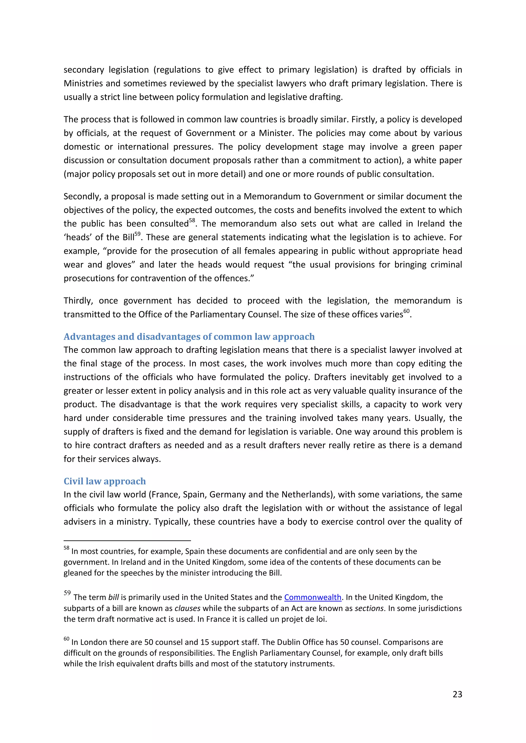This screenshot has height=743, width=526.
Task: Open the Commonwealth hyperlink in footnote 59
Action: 313,597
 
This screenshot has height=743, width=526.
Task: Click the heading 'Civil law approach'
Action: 105,481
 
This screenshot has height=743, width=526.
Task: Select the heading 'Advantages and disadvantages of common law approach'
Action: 189,337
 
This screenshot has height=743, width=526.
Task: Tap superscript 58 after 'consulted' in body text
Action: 192,221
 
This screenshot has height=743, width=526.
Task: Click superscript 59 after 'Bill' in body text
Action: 137,234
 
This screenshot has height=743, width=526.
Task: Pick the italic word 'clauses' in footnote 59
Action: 187,608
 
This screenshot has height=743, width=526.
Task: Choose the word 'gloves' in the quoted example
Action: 119,265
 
